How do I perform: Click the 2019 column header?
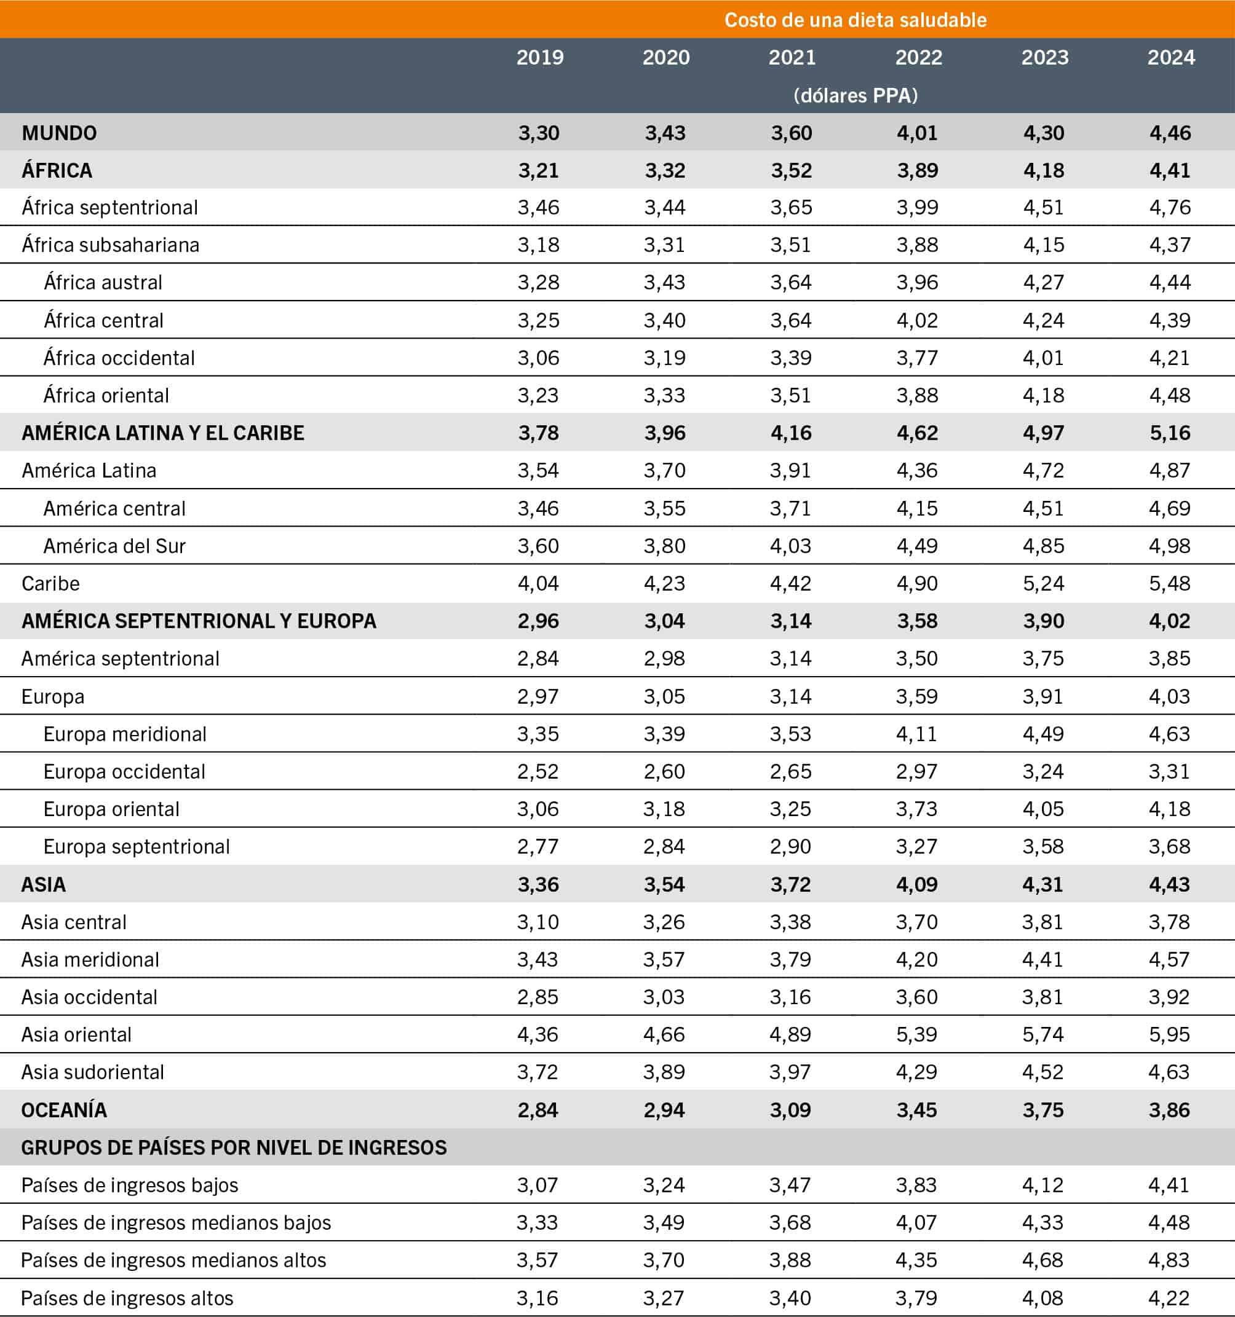tap(539, 57)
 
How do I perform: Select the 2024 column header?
tap(1170, 57)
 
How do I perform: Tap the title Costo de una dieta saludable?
tap(855, 20)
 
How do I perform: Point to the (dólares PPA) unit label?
tap(855, 95)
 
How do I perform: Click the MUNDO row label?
tap(59, 133)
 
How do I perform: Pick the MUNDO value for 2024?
tap(1170, 133)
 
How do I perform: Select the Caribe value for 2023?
tap(1044, 584)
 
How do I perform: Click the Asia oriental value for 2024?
tap(1170, 1035)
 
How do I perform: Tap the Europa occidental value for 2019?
tap(538, 772)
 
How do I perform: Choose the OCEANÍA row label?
tap(63, 1111)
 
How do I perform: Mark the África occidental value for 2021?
tap(791, 358)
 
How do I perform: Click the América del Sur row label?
tap(114, 546)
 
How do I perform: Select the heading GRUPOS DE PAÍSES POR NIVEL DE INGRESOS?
tap(234, 1148)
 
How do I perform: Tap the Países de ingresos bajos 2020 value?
tap(664, 1185)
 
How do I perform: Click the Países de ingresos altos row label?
tap(127, 1299)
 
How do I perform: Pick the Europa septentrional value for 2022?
tap(917, 847)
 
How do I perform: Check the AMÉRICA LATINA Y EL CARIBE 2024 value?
tap(1170, 433)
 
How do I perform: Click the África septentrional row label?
tap(109, 208)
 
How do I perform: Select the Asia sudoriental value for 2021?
tap(791, 1072)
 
